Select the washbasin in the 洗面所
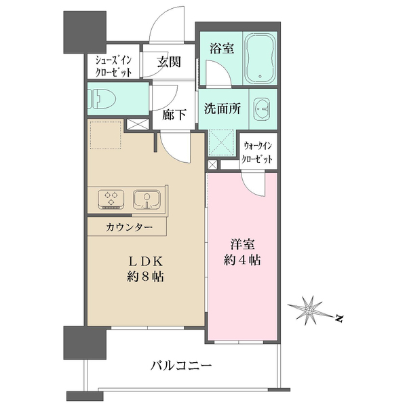[262, 109]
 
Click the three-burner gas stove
[111, 199]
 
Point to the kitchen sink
[147, 199]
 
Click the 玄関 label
[169, 62]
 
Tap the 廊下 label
[174, 115]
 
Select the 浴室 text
[222, 48]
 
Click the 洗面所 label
[222, 109]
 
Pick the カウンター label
[129, 228]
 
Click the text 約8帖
[145, 277]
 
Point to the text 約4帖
[242, 260]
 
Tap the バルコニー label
[181, 366]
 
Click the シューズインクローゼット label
[113, 66]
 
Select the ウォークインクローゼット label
[257, 153]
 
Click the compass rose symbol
[309, 310]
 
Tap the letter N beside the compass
[338, 318]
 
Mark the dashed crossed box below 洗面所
[221, 142]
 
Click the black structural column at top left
[85, 32]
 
